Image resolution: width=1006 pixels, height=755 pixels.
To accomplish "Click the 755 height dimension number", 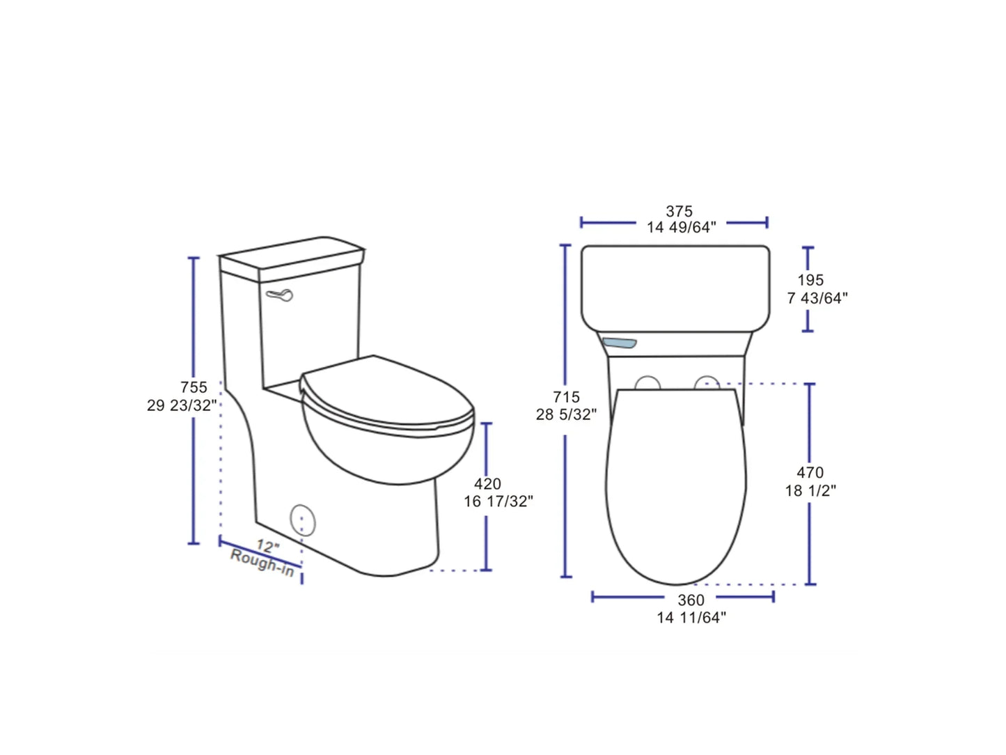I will [194, 387].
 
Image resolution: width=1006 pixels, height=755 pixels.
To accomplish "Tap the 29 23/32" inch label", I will [182, 405].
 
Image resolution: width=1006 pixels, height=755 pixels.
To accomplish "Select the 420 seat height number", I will [487, 483].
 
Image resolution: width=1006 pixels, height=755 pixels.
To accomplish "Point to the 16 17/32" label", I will [498, 501].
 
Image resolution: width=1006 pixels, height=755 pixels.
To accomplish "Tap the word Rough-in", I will [262, 562].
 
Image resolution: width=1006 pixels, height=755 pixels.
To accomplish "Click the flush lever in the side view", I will [280, 295].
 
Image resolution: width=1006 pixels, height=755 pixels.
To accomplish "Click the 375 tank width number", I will [679, 211].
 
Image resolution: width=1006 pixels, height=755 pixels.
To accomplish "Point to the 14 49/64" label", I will [681, 228].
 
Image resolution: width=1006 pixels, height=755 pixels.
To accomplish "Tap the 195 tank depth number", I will [810, 280].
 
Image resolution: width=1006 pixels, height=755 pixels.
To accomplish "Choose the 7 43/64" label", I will [817, 298].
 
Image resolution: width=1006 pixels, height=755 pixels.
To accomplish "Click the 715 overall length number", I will [566, 397].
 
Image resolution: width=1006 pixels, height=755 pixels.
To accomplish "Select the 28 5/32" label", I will [566, 414].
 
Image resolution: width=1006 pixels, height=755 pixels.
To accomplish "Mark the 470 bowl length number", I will [810, 473].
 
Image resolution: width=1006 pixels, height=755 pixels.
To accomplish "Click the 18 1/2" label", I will [810, 490].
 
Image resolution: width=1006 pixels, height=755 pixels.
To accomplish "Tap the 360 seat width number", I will [691, 600].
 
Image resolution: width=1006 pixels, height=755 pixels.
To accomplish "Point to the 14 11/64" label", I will [691, 617].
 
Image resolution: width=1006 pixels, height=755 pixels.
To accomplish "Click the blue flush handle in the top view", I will [619, 343].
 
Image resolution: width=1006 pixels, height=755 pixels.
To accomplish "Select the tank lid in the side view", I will [292, 254].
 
